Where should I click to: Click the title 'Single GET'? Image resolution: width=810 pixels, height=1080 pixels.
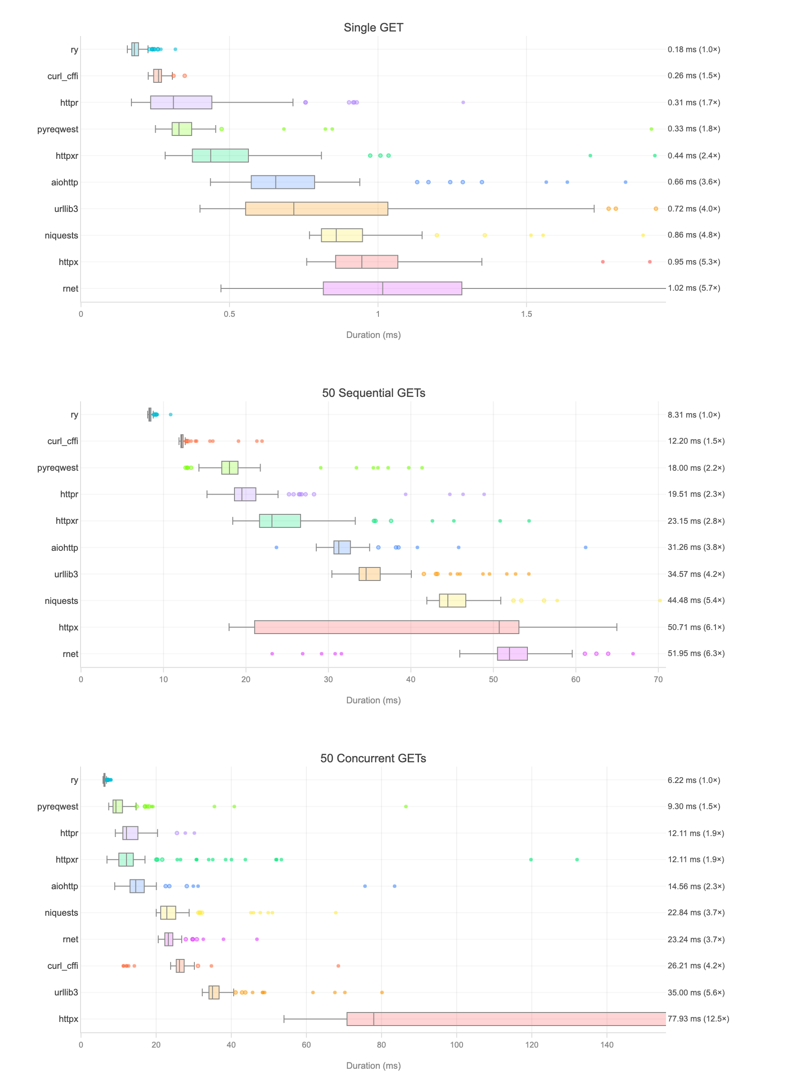(373, 27)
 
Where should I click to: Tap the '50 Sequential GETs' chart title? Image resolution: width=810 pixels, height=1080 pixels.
(373, 392)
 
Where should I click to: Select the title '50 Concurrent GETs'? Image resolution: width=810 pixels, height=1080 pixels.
(373, 758)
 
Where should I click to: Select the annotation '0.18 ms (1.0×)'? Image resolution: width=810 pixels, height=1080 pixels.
(693, 49)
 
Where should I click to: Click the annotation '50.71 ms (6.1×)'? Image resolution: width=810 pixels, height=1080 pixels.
(696, 627)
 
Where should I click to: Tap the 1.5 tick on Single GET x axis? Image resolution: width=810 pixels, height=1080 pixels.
(526, 314)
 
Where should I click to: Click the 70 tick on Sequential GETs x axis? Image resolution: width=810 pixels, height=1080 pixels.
(657, 679)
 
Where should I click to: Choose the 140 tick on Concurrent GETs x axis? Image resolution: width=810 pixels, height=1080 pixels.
(607, 1044)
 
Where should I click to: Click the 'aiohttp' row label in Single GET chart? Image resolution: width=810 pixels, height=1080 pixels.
(64, 182)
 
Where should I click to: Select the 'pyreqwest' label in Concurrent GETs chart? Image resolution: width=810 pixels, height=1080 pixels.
(58, 806)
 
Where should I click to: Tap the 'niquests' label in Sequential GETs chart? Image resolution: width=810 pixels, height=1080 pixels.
(61, 601)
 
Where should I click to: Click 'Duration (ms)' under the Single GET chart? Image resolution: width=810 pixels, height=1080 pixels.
(373, 334)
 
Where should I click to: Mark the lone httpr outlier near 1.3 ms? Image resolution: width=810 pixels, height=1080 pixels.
(463, 103)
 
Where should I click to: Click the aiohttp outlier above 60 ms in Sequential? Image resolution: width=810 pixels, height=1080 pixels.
(585, 547)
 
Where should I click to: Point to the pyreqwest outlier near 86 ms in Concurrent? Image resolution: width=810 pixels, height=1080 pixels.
(406, 806)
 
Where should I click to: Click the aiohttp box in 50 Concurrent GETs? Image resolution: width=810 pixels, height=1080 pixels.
(137, 886)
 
